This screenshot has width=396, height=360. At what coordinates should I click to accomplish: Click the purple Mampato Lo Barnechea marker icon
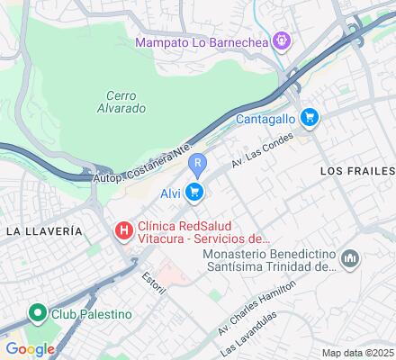pyautogui.click(x=282, y=40)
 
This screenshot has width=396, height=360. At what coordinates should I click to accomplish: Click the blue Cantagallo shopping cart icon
pyautogui.click(x=310, y=117)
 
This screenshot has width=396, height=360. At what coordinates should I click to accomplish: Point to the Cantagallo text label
pyautogui.click(x=266, y=118)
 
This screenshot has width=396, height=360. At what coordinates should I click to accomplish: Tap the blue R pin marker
pyautogui.click(x=199, y=164)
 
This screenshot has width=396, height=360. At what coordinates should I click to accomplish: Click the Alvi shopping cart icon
pyautogui.click(x=194, y=192)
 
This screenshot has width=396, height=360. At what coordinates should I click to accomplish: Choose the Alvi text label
pyautogui.click(x=171, y=193)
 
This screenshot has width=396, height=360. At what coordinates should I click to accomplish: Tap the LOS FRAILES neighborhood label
pyautogui.click(x=357, y=170)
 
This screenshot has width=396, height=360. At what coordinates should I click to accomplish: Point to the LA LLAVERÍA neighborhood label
pyautogui.click(x=44, y=231)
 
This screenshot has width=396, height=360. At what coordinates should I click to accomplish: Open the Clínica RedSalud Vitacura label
pyautogui.click(x=202, y=232)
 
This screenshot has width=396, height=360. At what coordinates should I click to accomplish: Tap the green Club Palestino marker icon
pyautogui.click(x=37, y=314)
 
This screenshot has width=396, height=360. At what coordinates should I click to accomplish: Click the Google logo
pyautogui.click(x=30, y=349)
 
